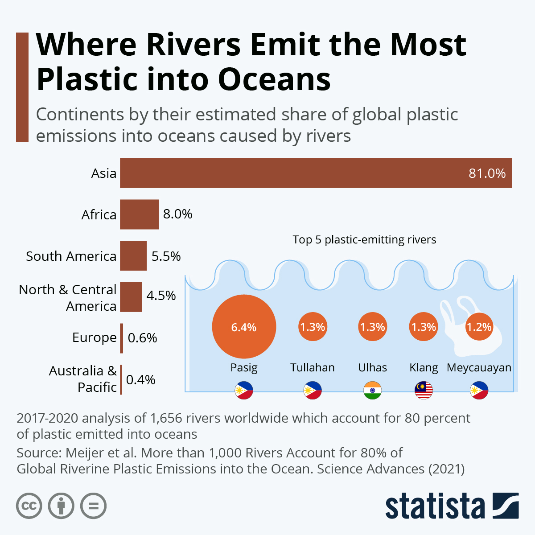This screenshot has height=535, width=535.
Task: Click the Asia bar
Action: [316, 173]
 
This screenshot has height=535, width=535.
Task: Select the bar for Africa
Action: [139, 214]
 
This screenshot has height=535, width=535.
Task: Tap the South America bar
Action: [133, 256]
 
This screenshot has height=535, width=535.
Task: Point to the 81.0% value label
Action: [487, 173]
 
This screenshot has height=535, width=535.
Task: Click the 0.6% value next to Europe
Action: [142, 338]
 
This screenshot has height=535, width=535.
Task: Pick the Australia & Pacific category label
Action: [83, 379]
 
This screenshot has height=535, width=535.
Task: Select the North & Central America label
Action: [68, 298]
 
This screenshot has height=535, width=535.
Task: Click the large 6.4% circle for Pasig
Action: [244, 327]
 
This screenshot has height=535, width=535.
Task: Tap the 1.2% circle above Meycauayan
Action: [479, 327]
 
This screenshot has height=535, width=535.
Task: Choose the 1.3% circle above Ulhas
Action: [372, 327]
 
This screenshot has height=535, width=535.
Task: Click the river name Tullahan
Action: [312, 368]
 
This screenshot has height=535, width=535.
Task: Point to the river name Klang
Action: [424, 368]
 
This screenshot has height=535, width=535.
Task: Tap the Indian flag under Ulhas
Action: [372, 391]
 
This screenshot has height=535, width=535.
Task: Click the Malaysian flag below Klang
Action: [424, 391]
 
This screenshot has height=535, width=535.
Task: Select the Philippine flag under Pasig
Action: [244, 391]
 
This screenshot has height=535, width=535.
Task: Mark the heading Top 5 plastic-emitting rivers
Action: [364, 240]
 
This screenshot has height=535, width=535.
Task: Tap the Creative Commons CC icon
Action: [29, 506]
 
